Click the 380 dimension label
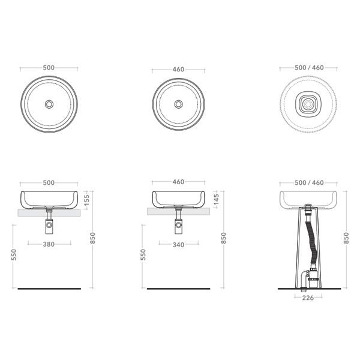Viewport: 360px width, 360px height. (x=49, y=244)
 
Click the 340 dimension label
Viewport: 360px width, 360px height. (x=178, y=245)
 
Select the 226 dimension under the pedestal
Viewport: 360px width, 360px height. (x=308, y=298)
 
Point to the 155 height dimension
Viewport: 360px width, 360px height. (x=86, y=200)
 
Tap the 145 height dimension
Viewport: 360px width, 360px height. (x=216, y=199)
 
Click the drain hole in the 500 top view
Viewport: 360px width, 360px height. (x=49, y=104)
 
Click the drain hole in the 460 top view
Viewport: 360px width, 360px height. (x=178, y=104)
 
